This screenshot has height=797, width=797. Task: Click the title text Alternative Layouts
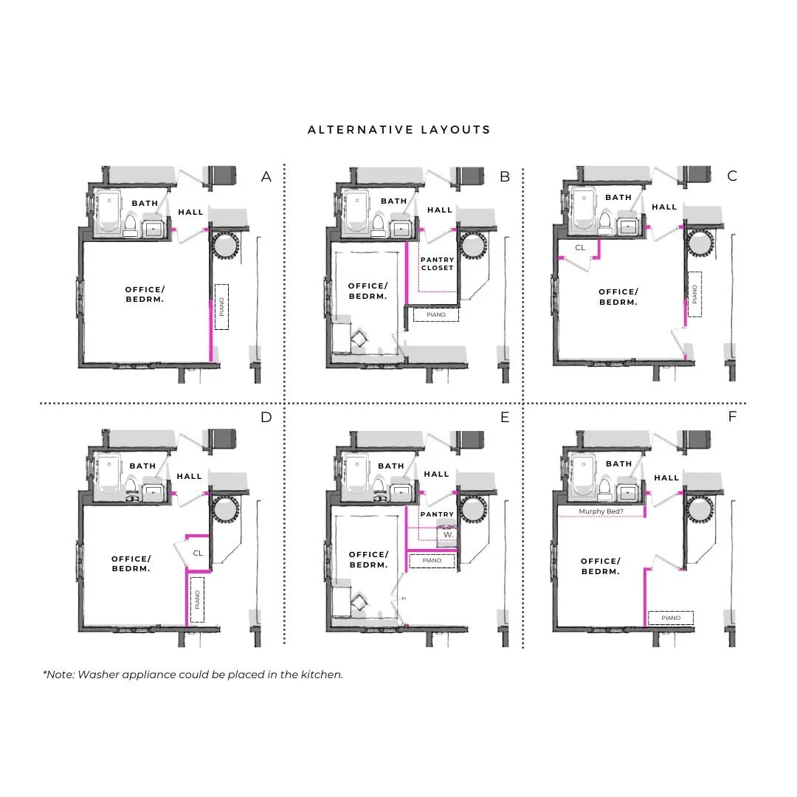[398, 130]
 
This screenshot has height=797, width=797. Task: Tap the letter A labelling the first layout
[266, 176]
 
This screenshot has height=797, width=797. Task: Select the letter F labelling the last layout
[733, 416]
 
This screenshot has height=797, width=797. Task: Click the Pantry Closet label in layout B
[437, 263]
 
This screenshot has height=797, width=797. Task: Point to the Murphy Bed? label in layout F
[599, 511]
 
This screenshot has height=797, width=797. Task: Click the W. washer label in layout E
[448, 534]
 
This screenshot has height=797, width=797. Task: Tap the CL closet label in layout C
[580, 247]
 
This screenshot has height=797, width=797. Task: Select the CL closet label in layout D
[198, 552]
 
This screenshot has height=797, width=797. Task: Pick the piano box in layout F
[671, 618]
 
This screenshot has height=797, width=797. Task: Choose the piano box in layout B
[436, 314]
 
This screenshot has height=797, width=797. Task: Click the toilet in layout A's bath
[131, 224]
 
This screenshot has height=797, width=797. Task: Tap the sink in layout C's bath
[627, 226]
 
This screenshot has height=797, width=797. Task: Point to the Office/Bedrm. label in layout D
[131, 564]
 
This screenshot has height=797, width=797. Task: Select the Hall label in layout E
[437, 474]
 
